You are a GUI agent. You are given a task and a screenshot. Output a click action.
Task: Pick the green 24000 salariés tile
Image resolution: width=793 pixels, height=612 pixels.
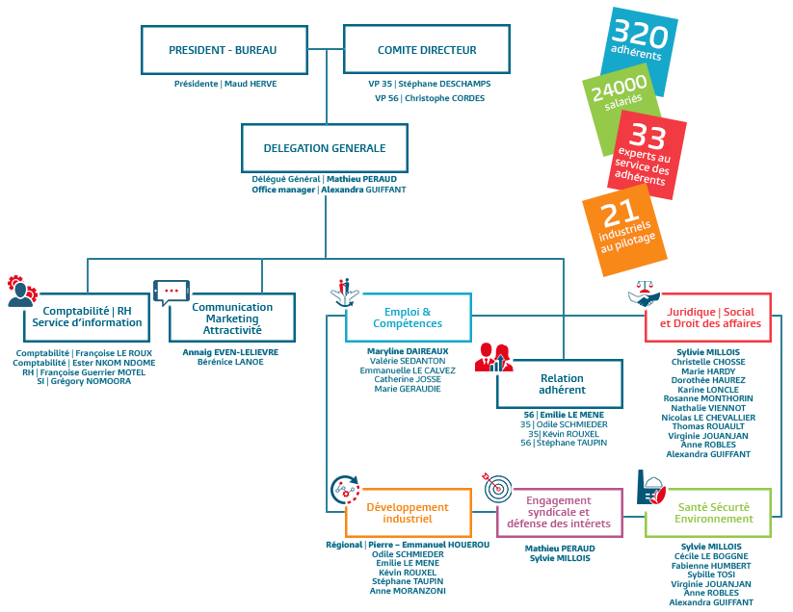tap(621, 109)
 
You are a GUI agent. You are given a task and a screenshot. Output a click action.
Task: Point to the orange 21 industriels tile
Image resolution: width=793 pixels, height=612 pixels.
tap(624, 230)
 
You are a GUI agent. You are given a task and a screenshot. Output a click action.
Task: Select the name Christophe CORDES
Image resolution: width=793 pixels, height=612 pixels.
tap(444, 98)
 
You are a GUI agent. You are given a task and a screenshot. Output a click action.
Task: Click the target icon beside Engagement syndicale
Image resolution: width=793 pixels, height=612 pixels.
tap(496, 487)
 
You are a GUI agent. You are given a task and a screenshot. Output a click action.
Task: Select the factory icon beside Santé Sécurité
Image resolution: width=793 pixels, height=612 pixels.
tap(651, 488)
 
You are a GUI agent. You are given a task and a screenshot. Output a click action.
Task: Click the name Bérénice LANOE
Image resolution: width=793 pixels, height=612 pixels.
tap(230, 362)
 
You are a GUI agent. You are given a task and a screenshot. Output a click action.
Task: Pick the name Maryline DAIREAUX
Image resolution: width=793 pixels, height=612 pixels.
tap(408, 351)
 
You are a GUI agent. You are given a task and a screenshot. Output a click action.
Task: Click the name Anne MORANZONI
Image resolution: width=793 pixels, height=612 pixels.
tap(408, 591)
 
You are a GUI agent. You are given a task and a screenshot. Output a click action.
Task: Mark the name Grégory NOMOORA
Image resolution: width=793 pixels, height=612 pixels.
tap(91, 381)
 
